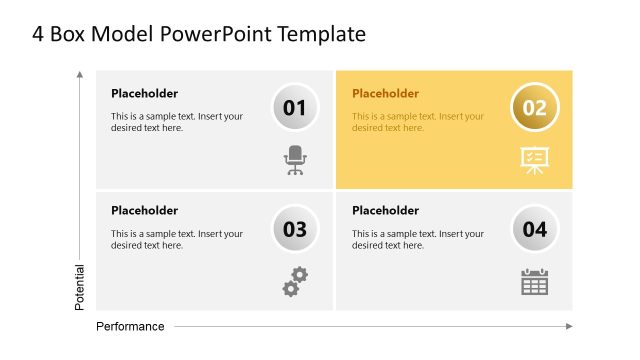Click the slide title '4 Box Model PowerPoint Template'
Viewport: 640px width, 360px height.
199,34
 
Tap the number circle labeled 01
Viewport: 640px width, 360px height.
295,107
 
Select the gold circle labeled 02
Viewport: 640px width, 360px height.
535,107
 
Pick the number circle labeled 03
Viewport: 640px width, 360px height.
295,228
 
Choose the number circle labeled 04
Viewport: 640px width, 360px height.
535,228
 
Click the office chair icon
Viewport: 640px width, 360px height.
295,160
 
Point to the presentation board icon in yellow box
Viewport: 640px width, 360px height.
534,160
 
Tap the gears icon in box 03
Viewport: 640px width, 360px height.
295,282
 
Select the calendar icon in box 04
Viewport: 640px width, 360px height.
535,282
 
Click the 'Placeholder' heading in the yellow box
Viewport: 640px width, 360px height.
385,94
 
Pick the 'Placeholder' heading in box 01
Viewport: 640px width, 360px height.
144,94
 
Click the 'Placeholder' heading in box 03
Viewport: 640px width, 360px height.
144,211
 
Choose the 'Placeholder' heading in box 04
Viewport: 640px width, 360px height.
385,211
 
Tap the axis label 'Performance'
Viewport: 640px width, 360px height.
130,327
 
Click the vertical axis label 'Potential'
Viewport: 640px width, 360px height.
80,287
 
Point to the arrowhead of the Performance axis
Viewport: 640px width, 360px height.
569,326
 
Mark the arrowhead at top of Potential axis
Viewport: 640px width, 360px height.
80,74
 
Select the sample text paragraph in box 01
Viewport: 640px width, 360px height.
177,122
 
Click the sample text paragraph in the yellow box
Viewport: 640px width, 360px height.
418,122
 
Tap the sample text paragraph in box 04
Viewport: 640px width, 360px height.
418,240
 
